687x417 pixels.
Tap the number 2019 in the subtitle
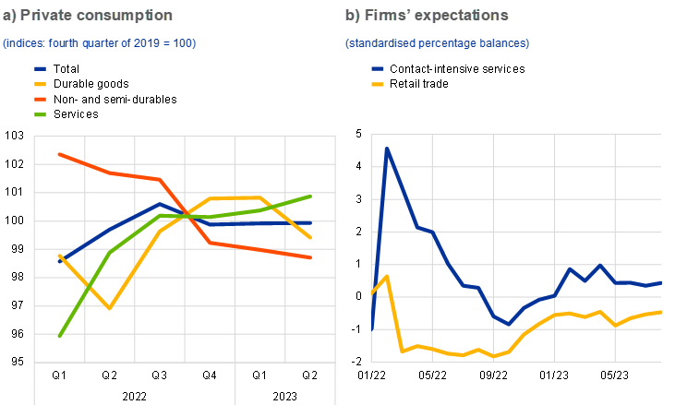(124, 43)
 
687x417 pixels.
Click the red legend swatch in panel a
(41, 99)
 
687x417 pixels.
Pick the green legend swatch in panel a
(41, 114)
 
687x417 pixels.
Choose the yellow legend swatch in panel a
(41, 84)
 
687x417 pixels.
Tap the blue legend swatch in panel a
(41, 68)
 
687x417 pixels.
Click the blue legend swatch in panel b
(378, 68)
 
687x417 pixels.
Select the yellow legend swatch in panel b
(378, 84)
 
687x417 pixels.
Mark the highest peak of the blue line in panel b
(387, 149)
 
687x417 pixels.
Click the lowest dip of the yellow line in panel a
(110, 308)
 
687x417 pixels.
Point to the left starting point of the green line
(59, 337)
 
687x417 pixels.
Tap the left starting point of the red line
(59, 154)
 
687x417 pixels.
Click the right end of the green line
(312, 196)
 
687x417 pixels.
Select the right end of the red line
(312, 257)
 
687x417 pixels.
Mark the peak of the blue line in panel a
(160, 204)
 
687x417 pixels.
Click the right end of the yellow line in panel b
(661, 312)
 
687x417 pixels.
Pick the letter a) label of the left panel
(9, 17)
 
